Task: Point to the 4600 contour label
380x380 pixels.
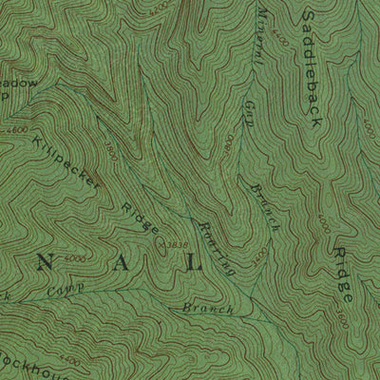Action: [x=15, y=129]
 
